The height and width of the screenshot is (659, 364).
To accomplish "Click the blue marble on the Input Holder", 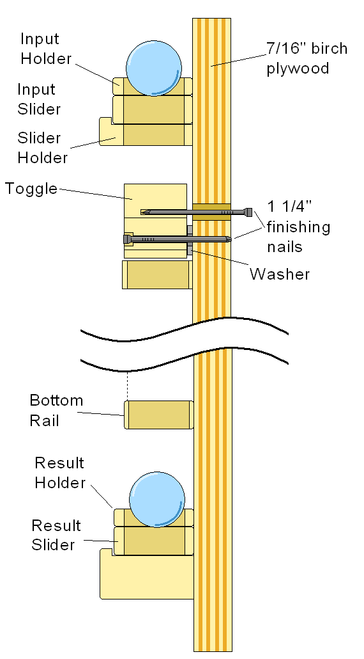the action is [154, 68].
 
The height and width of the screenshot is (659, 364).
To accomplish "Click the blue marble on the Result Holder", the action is [157, 499].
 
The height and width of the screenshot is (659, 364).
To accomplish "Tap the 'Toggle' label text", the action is [31, 189].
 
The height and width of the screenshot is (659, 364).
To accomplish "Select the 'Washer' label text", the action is [280, 274].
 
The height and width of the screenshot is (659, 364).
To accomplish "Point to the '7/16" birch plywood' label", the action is [307, 58].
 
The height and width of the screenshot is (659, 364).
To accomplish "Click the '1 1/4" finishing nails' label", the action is [298, 226].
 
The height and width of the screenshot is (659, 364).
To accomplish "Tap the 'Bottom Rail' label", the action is [56, 410].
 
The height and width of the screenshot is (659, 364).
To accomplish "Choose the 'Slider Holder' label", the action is [42, 148].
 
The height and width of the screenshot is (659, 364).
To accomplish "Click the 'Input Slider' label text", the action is [39, 99].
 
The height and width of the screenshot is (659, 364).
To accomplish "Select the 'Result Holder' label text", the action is [60, 472].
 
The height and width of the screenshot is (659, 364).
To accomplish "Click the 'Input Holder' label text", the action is [46, 49].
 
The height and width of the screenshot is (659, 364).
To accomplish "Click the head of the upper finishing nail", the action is [249, 212].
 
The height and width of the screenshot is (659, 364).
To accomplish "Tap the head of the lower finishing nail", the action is [126, 239].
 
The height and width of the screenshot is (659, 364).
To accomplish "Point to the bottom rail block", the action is [159, 415].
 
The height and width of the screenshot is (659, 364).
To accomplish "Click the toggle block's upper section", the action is [156, 200].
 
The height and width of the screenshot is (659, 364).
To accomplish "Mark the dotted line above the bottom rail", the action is [127, 386].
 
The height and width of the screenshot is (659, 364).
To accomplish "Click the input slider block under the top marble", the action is [152, 109].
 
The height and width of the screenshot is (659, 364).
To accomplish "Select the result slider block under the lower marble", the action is [153, 541].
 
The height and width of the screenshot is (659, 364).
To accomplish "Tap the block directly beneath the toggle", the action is [157, 274].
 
